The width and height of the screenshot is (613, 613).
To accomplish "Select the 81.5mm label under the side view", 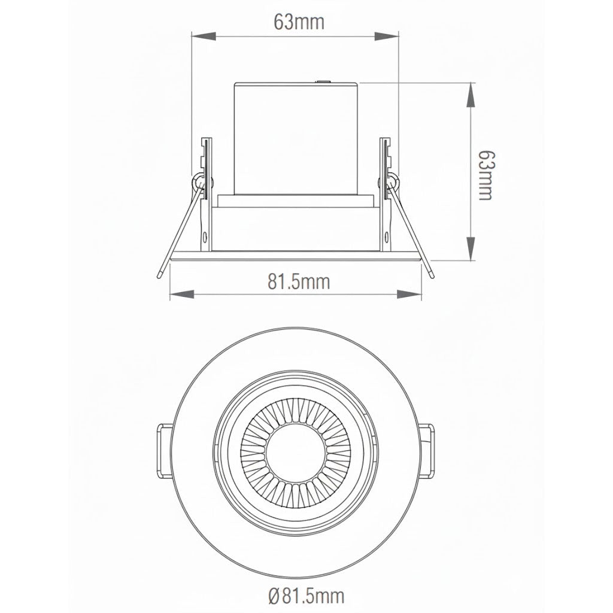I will pos(298,281).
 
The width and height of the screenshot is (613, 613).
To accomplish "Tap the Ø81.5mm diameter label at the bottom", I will pos(306,596).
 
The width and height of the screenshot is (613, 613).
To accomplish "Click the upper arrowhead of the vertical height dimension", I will pos(472,96).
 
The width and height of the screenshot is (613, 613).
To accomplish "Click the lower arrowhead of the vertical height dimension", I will pos(472,248).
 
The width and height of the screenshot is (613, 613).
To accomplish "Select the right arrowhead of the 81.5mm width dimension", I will pos(409,295).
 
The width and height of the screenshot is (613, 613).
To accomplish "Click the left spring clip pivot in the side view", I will pos(198,181).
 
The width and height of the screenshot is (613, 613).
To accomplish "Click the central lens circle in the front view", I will pos(296,451).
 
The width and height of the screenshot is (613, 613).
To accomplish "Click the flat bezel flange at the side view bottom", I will pos(296,256).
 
